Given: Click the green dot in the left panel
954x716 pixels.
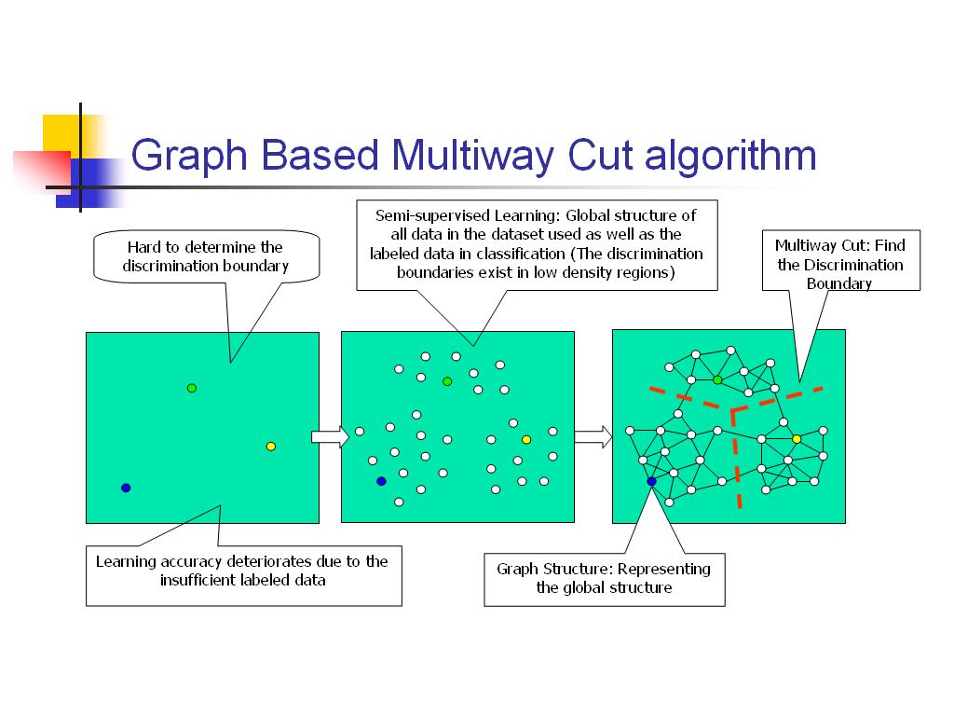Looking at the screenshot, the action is (x=192, y=388).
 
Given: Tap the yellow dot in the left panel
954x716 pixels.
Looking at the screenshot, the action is (x=271, y=447).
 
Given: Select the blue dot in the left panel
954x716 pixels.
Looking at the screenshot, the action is (x=126, y=488).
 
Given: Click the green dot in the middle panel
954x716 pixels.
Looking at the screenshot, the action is (x=447, y=381).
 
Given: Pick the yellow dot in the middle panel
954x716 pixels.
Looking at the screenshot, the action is (x=526, y=440).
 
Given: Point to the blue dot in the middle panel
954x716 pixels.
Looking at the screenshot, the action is (x=381, y=481).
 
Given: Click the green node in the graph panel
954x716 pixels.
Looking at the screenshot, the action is (x=717, y=380).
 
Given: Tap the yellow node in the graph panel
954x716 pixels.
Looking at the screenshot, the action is (x=797, y=439).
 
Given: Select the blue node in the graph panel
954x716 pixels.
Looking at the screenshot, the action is (x=651, y=481).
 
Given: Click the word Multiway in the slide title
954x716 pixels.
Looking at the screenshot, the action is (x=472, y=156).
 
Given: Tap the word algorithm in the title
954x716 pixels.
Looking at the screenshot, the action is (x=730, y=157).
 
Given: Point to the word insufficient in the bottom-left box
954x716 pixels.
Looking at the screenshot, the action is (x=198, y=580).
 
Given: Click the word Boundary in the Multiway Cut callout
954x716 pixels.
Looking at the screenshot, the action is (x=839, y=283).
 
